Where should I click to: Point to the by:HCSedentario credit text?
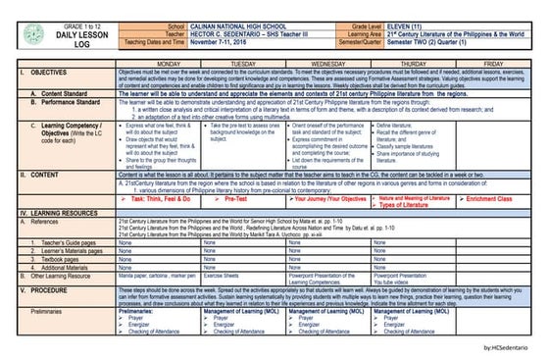coord(509,347)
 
